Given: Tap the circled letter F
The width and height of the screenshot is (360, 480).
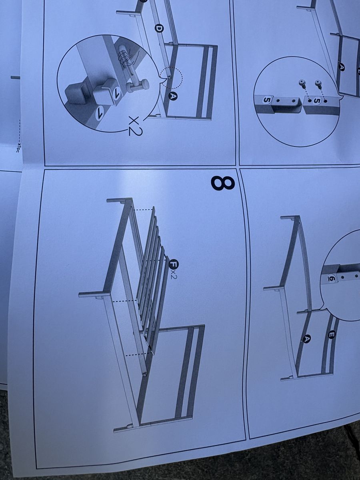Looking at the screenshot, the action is click(174, 264).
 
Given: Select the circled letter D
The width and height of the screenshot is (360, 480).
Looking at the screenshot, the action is click(159, 29).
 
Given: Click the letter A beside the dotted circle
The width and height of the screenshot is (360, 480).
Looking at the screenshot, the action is click(173, 96).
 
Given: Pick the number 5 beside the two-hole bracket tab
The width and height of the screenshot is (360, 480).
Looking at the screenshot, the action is click(266, 100).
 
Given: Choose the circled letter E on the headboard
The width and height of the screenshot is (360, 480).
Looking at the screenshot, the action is click(331, 334).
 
